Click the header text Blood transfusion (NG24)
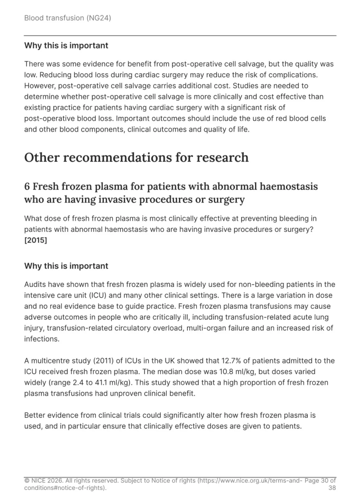coord(67,18)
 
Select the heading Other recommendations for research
coord(136,157)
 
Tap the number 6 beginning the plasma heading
coord(27,187)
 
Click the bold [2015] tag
coord(36,240)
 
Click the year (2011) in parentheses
coord(101,361)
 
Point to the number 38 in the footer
coord(332,488)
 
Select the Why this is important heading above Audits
coord(66,266)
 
